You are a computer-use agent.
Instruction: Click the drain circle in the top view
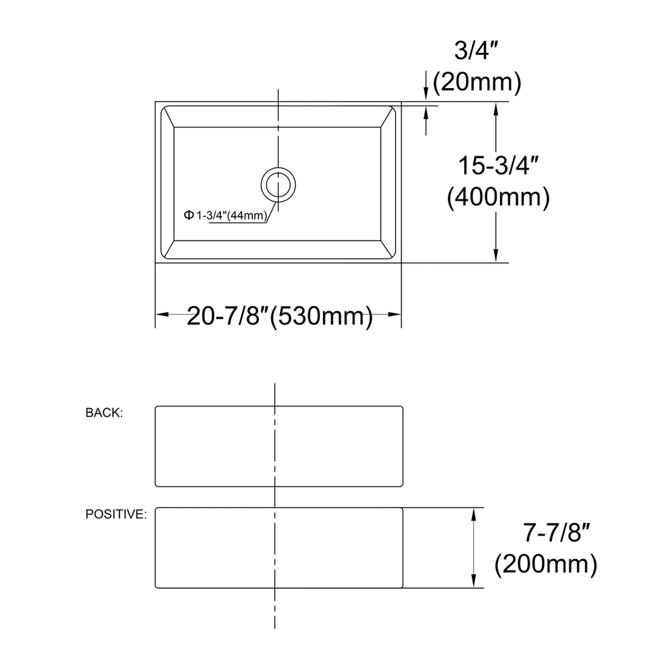point(279,184)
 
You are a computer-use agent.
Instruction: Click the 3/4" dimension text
point(472,51)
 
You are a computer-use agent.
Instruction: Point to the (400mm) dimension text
point(499,197)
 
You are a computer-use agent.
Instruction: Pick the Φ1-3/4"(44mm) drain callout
point(226,215)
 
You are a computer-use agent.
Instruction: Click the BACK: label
point(104,413)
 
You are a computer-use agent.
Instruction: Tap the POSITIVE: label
point(115,514)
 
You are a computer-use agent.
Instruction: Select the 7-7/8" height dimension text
point(557,534)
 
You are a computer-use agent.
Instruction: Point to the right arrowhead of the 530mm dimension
point(395,314)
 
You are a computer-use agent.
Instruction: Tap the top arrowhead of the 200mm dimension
point(474,515)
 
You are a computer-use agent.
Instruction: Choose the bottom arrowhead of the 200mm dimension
point(474,581)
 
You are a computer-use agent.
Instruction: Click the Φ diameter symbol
point(188,215)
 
